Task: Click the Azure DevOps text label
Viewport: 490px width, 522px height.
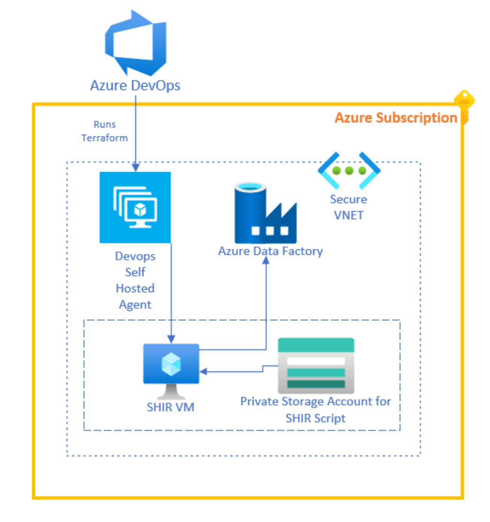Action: [135, 86]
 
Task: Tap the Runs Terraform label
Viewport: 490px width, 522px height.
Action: [105, 131]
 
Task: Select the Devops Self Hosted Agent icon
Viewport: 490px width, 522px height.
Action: [135, 207]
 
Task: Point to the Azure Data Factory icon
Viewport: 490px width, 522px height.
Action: [265, 213]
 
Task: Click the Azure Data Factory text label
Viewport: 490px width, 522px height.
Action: [270, 251]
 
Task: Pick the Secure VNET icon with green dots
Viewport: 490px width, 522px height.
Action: [349, 170]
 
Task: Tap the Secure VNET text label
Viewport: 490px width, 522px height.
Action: [348, 207]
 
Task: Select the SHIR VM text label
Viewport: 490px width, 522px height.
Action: [170, 407]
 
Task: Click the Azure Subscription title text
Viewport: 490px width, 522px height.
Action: [396, 118]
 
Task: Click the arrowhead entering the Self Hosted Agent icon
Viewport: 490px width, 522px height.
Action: [135, 167]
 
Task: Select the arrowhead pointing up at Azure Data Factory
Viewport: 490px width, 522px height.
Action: [266, 260]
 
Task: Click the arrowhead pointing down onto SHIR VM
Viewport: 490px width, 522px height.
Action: [171, 339]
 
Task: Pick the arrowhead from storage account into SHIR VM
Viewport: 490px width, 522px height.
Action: [203, 372]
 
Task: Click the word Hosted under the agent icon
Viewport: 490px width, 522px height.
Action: [135, 288]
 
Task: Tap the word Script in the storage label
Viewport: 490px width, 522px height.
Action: [330, 418]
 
